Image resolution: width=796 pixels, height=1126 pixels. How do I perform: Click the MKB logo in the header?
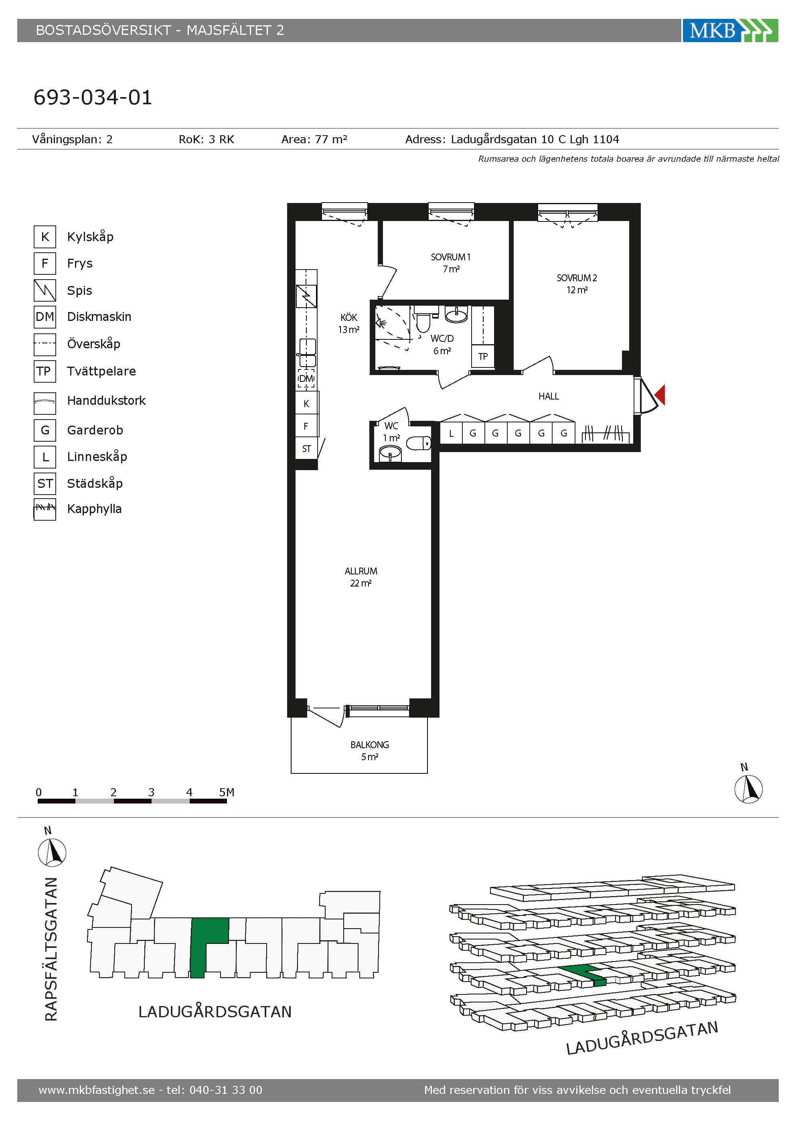(730, 30)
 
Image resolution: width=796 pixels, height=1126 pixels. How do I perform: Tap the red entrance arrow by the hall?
(660, 395)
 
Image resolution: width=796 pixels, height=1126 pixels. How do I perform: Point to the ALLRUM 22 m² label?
(361, 577)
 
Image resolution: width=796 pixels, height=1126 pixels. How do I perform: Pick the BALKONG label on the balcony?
(370, 745)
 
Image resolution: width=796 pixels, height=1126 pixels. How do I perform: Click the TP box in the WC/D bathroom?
(483, 357)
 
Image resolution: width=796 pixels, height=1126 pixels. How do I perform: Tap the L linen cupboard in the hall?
(451, 433)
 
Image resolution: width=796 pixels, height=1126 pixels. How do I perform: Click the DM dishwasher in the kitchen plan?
(306, 379)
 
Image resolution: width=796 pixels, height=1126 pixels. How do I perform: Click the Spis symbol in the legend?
(45, 290)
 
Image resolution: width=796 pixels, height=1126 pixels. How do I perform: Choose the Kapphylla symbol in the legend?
(45, 509)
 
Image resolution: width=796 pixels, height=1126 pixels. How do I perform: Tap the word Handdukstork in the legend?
(106, 401)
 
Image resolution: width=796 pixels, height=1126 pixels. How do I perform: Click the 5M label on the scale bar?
(227, 792)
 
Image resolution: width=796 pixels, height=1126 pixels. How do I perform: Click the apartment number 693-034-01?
(93, 97)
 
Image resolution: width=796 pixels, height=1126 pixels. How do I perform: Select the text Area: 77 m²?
(314, 139)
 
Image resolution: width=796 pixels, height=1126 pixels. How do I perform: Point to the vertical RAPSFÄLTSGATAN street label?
(51, 950)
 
